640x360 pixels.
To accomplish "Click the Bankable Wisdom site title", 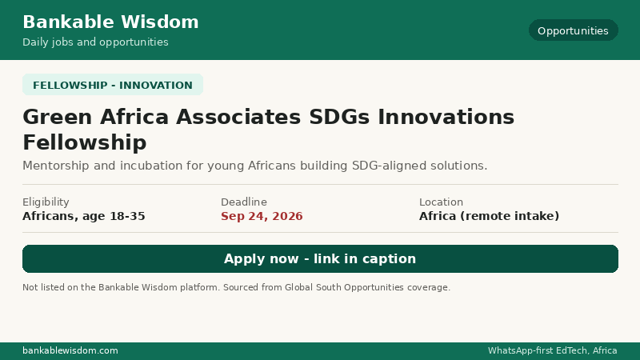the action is [110, 22].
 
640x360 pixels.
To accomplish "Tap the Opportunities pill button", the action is [573, 30].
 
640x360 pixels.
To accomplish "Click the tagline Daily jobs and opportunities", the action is [95, 42].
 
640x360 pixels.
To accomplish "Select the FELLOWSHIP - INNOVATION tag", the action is [113, 85].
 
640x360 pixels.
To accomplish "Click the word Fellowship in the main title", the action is [85, 142].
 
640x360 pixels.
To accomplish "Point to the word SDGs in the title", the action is [339, 117].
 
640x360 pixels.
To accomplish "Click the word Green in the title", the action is [58, 117].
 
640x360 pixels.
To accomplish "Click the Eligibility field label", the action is [46, 202].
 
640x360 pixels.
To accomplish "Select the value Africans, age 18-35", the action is [84, 216].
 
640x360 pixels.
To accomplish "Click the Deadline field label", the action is [244, 202].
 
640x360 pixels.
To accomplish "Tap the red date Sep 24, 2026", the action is [262, 216].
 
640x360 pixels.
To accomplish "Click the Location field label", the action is [441, 202].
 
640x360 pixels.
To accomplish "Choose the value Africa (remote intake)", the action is [489, 216].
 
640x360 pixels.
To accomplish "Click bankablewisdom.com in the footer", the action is [70, 350].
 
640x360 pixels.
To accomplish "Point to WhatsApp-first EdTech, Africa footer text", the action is [552, 350].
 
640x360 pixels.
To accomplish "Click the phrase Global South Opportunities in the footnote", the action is [344, 287].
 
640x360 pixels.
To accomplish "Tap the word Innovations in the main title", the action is [446, 117].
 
